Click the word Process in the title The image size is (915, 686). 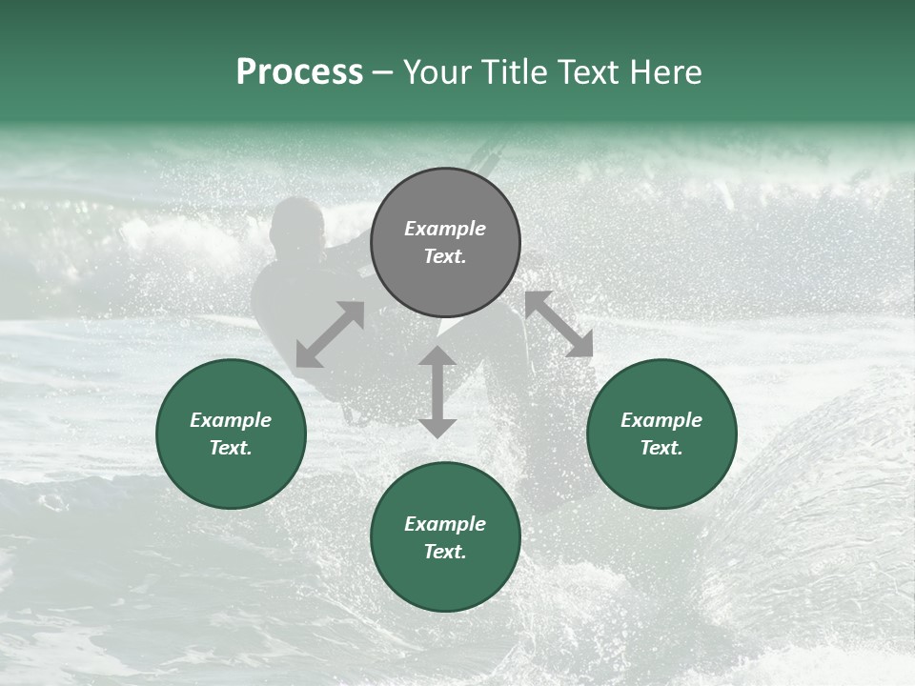click(299, 72)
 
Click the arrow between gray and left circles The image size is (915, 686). click(330, 334)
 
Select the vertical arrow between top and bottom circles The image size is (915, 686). click(437, 392)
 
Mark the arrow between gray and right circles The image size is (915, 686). click(559, 325)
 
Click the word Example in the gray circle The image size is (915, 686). click(445, 229)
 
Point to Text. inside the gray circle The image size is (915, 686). click(445, 256)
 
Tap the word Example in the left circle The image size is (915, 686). click(231, 420)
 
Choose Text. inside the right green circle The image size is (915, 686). click(661, 448)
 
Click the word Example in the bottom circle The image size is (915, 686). click(445, 524)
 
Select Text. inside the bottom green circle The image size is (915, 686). click(445, 552)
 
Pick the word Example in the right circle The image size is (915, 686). click(661, 420)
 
